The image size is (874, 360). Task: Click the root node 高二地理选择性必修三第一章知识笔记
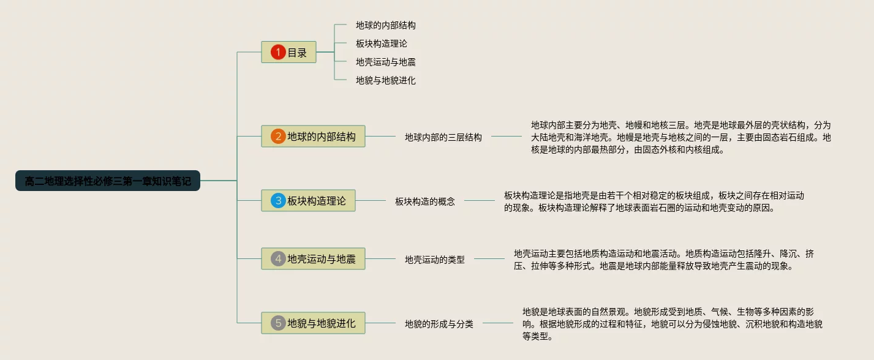click(108, 181)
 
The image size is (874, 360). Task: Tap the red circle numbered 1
click(278, 53)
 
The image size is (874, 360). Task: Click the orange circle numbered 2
click(278, 137)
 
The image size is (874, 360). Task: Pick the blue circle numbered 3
click(278, 200)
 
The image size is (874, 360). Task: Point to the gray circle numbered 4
click(278, 259)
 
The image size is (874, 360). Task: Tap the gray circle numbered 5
click(278, 323)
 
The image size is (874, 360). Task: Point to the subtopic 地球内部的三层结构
click(443, 137)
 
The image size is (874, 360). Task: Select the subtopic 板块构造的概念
click(425, 201)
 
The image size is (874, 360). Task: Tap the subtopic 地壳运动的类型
click(435, 260)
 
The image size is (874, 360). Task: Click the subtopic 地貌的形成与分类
click(439, 324)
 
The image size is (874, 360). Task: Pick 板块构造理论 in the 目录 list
click(382, 43)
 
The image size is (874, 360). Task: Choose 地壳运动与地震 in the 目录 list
click(386, 62)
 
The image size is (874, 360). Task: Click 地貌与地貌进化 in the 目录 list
click(386, 80)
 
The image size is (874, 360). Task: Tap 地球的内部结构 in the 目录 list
click(386, 25)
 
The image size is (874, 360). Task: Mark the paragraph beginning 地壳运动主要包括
click(664, 260)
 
